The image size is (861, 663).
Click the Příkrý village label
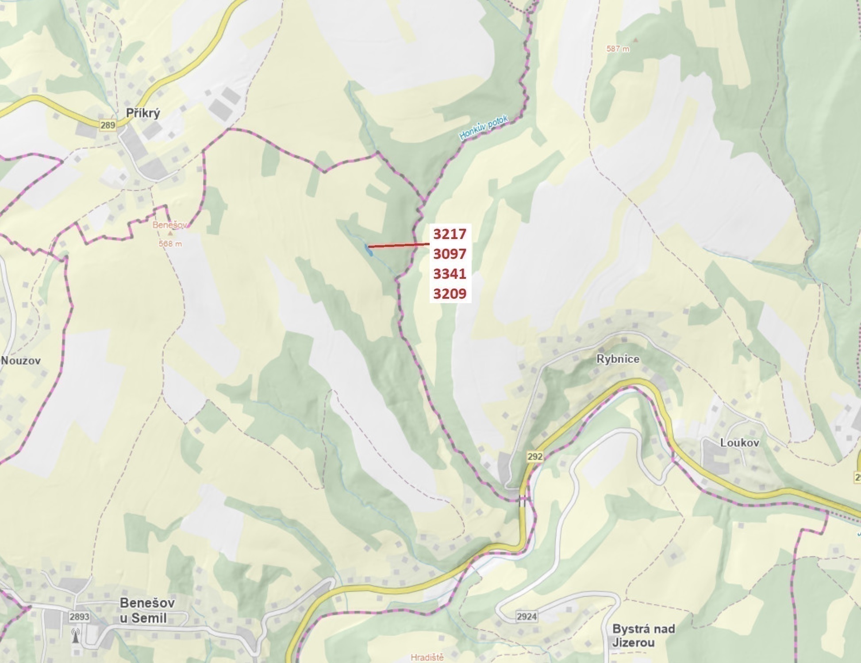[143, 113]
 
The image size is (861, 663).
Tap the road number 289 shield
[108, 125]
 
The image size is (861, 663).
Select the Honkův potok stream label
[484, 128]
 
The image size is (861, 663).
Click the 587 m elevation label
[618, 49]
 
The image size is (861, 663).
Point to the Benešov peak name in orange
[170, 225]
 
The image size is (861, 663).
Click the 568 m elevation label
[170, 243]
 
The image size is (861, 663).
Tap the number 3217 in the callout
[450, 234]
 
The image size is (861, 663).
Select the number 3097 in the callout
[450, 254]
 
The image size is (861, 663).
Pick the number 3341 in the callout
[450, 274]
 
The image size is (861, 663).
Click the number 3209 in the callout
[450, 293]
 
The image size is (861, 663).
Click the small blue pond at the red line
[368, 251]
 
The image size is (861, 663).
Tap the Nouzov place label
[20, 360]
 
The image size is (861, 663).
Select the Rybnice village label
[618, 359]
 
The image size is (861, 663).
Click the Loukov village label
[740, 443]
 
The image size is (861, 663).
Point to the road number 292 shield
[534, 456]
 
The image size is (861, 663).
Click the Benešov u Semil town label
[147, 610]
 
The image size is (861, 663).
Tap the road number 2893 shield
[79, 617]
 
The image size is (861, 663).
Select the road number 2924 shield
[527, 617]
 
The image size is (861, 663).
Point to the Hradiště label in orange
[427, 657]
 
